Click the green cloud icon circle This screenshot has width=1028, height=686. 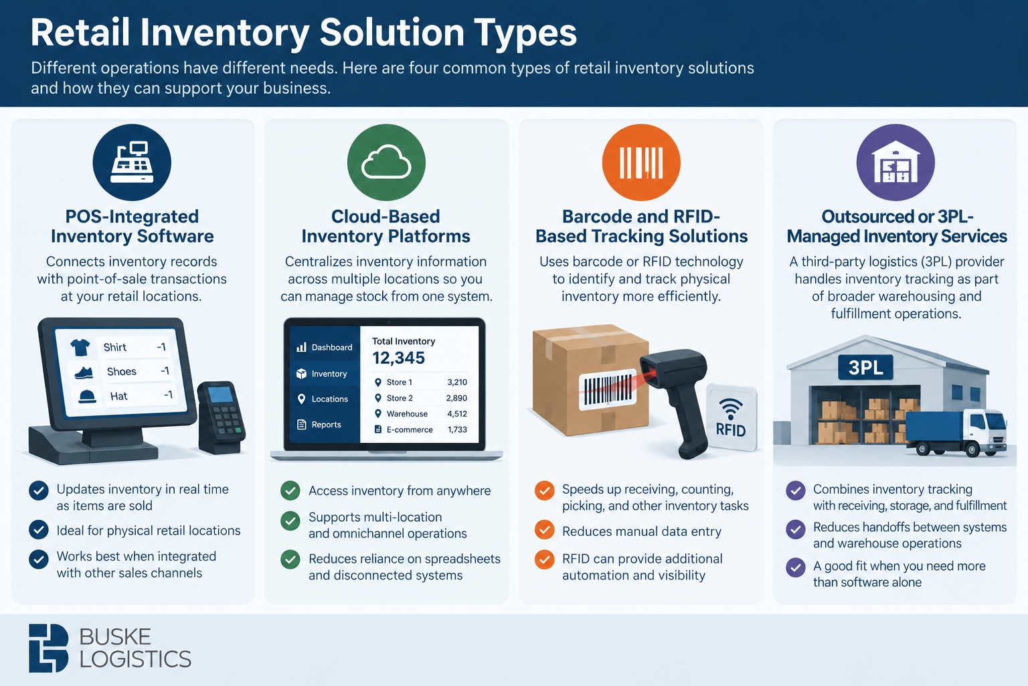point(386,162)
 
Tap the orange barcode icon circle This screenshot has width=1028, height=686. point(641,162)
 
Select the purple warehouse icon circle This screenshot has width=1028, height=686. point(895,162)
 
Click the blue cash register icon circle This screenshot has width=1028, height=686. point(132,162)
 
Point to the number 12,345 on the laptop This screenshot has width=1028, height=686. point(398,358)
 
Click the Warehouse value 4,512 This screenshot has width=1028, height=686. point(457,413)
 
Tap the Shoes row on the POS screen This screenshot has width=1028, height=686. point(122,371)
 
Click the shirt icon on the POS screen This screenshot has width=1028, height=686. point(80,348)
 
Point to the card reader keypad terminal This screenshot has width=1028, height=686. point(222,417)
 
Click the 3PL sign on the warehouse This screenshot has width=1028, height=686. point(865,368)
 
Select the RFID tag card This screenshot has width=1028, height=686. point(731,417)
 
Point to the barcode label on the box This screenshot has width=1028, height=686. point(608,390)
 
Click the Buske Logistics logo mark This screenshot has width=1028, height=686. point(49,648)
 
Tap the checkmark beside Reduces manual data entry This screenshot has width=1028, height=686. point(544,530)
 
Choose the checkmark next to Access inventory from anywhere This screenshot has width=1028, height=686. point(290,490)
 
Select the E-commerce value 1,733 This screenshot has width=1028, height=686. point(457,429)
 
